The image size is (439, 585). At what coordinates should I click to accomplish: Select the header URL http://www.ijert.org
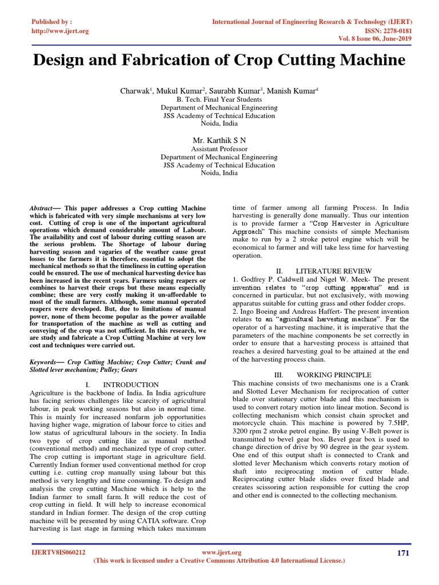point(60,31)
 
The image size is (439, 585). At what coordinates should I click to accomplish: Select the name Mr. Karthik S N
point(219,139)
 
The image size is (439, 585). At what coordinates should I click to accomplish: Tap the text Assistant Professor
point(219,149)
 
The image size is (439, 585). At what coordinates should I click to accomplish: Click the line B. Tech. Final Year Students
point(219,99)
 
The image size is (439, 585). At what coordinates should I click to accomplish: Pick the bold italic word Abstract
point(42,210)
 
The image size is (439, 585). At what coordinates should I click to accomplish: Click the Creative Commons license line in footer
point(219,561)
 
